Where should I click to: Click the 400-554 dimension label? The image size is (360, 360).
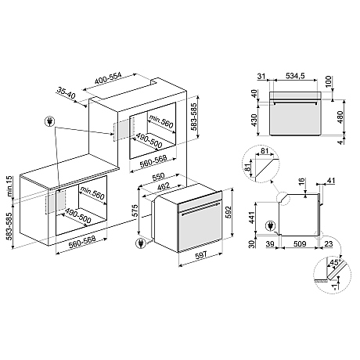click(x=108, y=78)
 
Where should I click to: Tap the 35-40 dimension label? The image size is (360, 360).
click(x=66, y=93)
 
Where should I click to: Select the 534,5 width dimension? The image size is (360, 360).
click(x=295, y=76)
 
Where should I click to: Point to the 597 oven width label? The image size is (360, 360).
click(x=201, y=254)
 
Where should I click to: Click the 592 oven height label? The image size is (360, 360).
click(x=228, y=213)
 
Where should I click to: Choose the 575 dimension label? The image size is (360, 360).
click(x=135, y=211)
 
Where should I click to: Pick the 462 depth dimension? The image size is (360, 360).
click(x=164, y=186)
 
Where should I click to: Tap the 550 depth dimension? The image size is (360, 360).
click(x=158, y=177)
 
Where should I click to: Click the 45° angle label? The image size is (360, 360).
click(x=336, y=262)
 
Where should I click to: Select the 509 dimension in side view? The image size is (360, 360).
click(x=300, y=244)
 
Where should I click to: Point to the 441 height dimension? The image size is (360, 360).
click(x=251, y=218)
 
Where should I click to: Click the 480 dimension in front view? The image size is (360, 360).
click(x=340, y=117)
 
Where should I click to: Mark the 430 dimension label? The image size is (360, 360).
click(x=254, y=120)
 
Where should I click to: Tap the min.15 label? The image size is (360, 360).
click(x=9, y=186)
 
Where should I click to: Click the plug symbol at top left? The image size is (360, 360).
click(x=50, y=121)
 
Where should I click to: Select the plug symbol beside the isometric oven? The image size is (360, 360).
click(x=141, y=243)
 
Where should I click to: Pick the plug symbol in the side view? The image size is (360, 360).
click(x=271, y=225)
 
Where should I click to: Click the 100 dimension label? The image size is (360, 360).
click(x=328, y=81)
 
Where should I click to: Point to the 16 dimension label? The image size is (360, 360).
click(x=301, y=182)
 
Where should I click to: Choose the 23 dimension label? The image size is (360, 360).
click(x=329, y=244)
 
